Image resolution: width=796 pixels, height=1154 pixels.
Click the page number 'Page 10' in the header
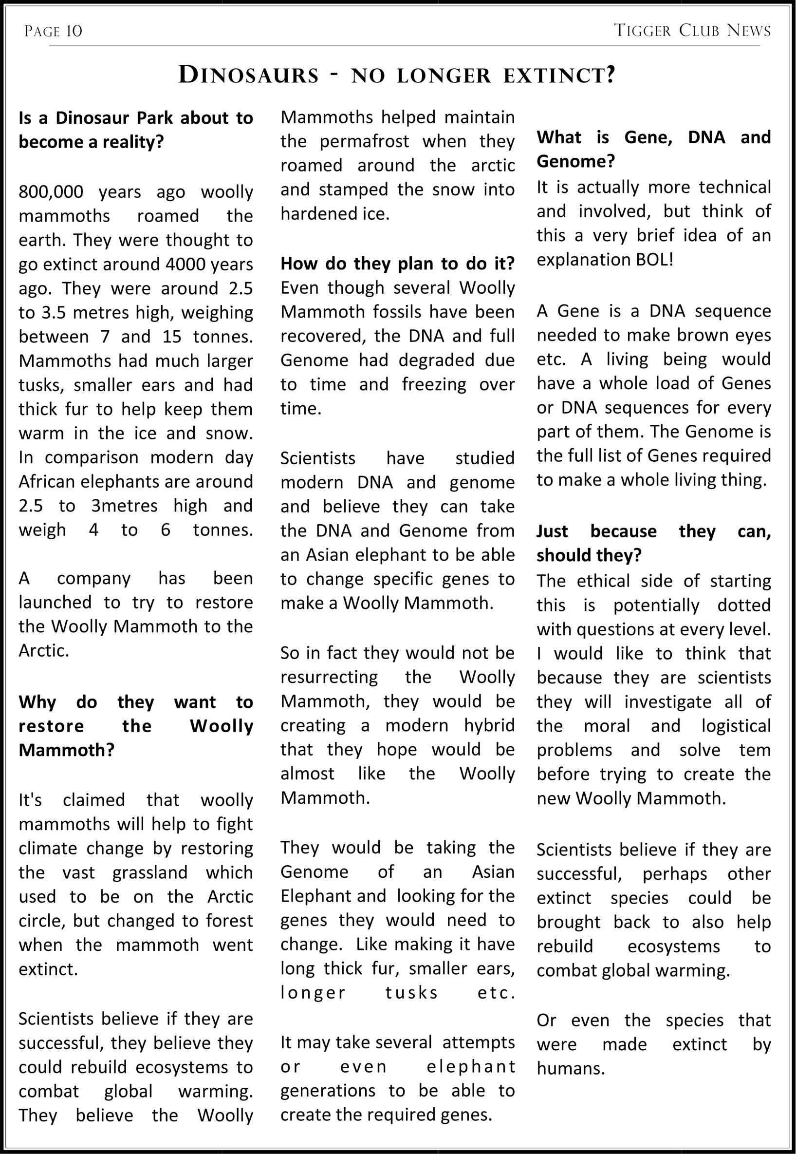(x=54, y=32)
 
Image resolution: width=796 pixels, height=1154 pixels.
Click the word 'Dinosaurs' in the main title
(x=248, y=76)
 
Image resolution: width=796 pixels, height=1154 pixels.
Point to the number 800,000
(x=51, y=191)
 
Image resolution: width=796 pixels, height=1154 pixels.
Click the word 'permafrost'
(x=364, y=141)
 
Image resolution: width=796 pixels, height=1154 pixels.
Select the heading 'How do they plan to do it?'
(x=397, y=264)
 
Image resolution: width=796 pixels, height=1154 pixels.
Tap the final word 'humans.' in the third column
(x=571, y=1068)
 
